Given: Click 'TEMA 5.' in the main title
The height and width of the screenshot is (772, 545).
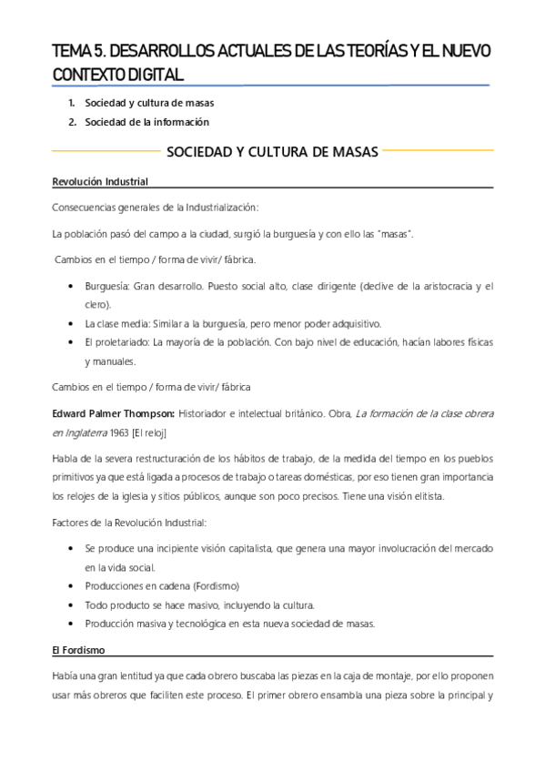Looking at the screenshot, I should click(x=78, y=53).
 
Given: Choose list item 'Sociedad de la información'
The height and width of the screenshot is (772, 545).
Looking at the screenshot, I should click(x=146, y=122).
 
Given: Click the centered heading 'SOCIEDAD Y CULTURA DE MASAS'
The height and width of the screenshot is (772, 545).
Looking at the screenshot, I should click(x=273, y=151).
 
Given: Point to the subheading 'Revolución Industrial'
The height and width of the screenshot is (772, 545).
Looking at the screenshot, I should click(x=100, y=182).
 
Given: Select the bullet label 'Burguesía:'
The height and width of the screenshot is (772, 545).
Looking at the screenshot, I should click(x=106, y=286).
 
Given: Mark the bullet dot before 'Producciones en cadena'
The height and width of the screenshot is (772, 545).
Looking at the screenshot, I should click(x=72, y=585).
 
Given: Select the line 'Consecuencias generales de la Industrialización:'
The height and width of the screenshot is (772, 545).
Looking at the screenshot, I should click(x=156, y=208).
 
